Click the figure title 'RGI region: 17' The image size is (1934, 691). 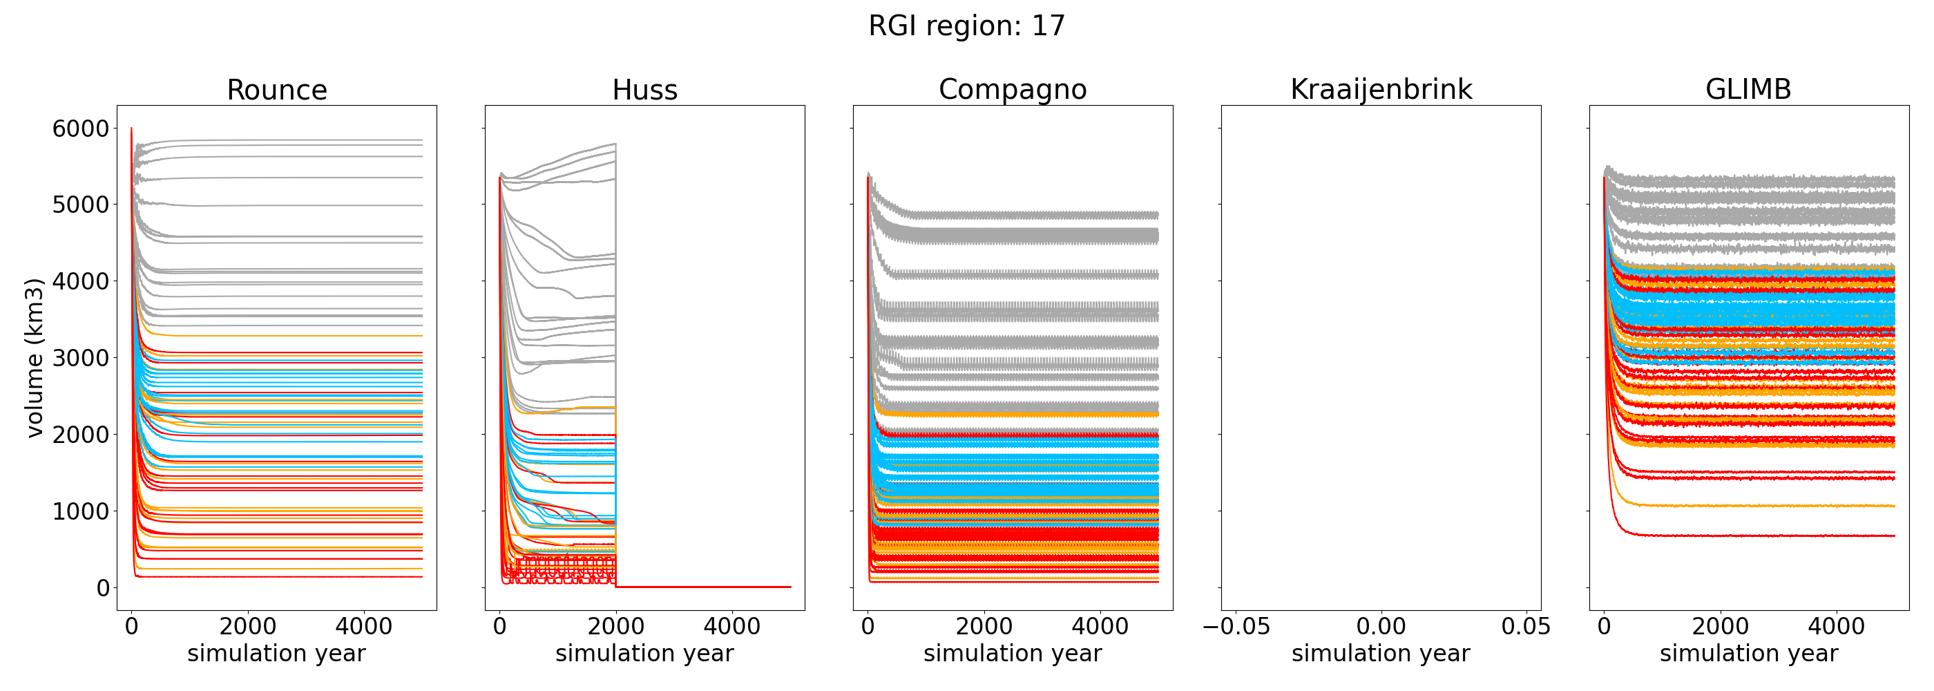coord(966,26)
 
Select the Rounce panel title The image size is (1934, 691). coord(277,90)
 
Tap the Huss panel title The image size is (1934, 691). coord(644,90)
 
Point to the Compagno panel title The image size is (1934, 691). coord(1012,89)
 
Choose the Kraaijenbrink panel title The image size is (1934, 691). coord(1381,89)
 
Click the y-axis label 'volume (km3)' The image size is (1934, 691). coord(35,357)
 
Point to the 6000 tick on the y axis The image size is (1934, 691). coord(80,129)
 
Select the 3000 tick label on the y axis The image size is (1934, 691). coord(80,358)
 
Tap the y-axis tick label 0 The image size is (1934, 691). coord(103,588)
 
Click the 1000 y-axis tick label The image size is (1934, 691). coord(80,511)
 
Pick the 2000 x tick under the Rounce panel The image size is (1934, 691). coord(248,627)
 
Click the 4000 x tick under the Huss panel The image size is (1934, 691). coord(732,627)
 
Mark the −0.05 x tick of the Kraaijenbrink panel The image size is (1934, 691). coord(1236,627)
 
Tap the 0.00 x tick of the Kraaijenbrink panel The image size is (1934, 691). coord(1381,627)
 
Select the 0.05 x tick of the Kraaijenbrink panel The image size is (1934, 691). coord(1526,627)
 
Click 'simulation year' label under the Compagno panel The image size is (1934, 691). coord(1012,654)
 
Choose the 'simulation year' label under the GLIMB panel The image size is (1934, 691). coord(1749,654)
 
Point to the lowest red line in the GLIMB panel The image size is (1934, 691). coord(1764,536)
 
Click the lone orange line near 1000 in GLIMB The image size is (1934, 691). coord(1764,506)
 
